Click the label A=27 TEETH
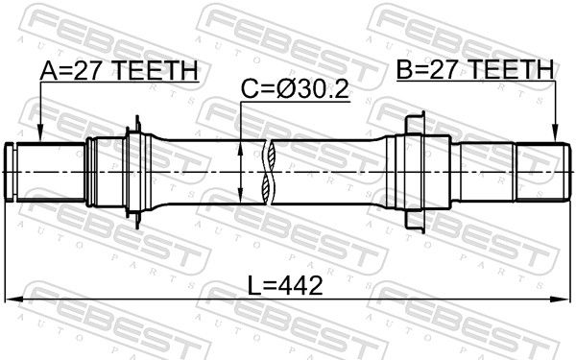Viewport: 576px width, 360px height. coord(119,70)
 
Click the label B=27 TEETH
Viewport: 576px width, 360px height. coord(475,69)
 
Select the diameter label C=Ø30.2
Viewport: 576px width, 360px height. coord(295,89)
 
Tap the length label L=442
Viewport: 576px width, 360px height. coord(285,286)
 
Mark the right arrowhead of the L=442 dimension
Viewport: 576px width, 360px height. coord(561,300)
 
